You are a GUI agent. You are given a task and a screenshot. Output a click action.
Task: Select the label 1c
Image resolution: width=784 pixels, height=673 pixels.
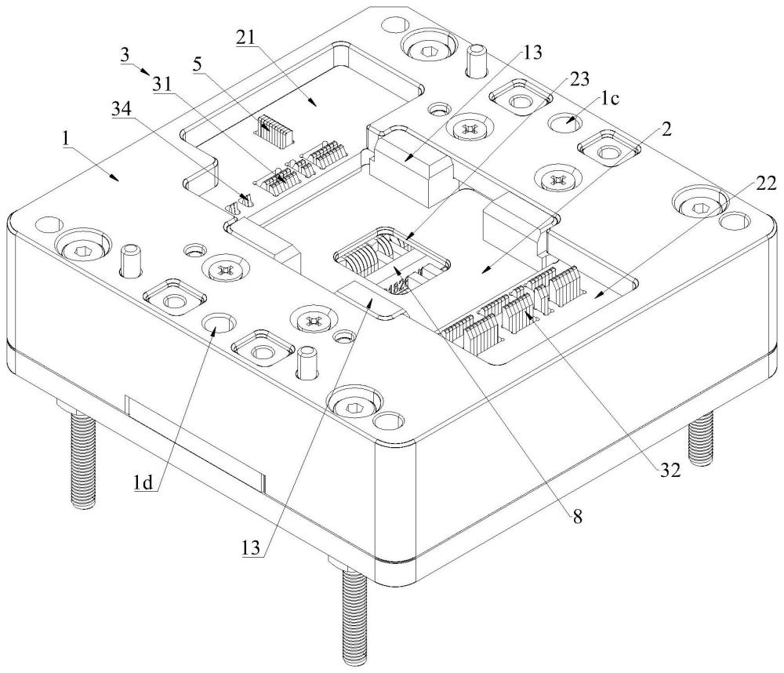(x=608, y=99)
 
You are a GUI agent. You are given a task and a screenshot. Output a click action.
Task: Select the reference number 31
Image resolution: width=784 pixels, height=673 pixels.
(x=161, y=85)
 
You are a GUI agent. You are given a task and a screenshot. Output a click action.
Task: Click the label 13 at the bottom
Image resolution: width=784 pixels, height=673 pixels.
(x=252, y=548)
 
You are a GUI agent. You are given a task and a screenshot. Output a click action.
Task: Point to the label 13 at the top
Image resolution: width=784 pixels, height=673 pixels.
(x=532, y=53)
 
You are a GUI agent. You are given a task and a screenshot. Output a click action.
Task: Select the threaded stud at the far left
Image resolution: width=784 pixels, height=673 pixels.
(x=82, y=458)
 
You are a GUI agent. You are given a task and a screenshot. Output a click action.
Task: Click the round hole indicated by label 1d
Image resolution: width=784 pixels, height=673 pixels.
(x=220, y=324)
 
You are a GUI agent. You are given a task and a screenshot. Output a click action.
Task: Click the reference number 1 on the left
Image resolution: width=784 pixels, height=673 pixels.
(x=65, y=140)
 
